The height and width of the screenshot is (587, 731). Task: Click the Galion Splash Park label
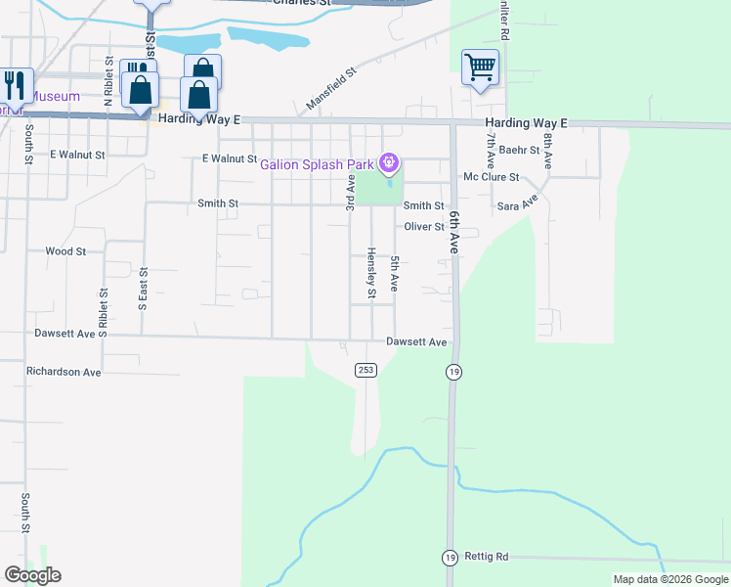coord(318,163)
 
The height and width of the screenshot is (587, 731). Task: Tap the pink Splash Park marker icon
coord(390,161)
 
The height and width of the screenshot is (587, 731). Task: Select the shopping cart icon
coord(480,68)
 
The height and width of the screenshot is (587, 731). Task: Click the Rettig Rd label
coord(488,557)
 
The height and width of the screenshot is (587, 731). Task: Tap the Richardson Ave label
coord(64,373)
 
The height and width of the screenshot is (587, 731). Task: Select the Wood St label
coord(65,251)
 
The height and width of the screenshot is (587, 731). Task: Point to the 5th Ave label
coord(395,274)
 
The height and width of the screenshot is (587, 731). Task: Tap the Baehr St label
coord(519,151)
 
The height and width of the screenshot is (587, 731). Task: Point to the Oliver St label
coord(425,227)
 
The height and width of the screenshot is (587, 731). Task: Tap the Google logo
coord(32,575)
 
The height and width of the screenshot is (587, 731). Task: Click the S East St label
coord(143,289)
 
